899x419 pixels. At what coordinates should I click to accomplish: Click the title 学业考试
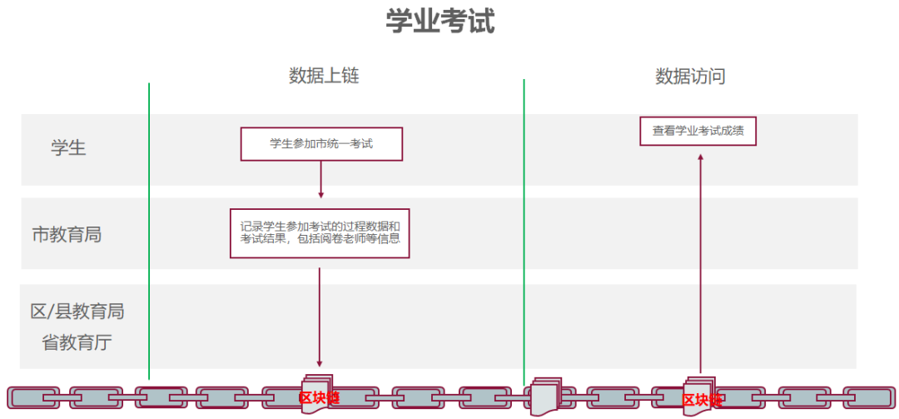point(440,22)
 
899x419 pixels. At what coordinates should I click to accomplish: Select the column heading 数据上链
point(324,76)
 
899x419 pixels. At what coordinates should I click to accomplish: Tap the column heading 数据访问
point(690,76)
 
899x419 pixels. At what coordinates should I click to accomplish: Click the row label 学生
point(68,148)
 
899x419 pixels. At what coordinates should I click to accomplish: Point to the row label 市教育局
point(67,234)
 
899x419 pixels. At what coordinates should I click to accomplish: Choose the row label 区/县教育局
point(77,312)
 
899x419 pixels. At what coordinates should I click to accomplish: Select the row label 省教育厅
point(77,342)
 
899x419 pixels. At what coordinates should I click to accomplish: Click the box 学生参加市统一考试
point(321,143)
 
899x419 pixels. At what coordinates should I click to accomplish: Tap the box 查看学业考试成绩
point(698,131)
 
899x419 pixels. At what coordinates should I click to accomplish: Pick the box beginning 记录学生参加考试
point(320,233)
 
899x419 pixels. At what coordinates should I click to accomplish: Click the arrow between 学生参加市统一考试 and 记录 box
point(321,178)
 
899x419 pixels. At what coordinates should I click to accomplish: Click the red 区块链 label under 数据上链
point(320,397)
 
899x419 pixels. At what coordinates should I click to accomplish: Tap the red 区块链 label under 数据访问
point(701,400)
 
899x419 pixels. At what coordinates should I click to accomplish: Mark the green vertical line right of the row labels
point(149,225)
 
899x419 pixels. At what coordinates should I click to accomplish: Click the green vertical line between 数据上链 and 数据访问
point(524,225)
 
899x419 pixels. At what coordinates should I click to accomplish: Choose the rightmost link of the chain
point(867,397)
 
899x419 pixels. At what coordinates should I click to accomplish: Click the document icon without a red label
point(547,395)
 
